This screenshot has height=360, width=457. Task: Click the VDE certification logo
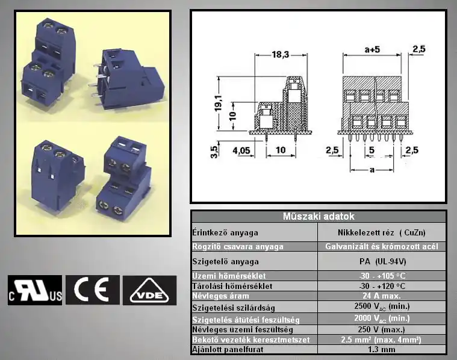pyautogui.click(x=149, y=290)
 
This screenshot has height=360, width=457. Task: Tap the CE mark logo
pyautogui.click(x=92, y=290)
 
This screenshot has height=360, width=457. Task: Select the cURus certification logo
pyautogui.click(x=35, y=290)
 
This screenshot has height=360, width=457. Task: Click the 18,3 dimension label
pyautogui.click(x=281, y=55)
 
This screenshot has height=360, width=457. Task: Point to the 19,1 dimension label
pyautogui.click(x=219, y=103)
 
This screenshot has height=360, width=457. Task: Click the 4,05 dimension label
pyautogui.click(x=241, y=151)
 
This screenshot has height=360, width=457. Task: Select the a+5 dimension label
pyautogui.click(x=372, y=49)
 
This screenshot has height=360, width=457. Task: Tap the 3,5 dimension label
pyautogui.click(x=214, y=152)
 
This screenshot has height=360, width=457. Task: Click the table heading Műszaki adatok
pyautogui.click(x=319, y=216)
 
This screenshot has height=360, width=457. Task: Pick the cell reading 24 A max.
pyautogui.click(x=382, y=296)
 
